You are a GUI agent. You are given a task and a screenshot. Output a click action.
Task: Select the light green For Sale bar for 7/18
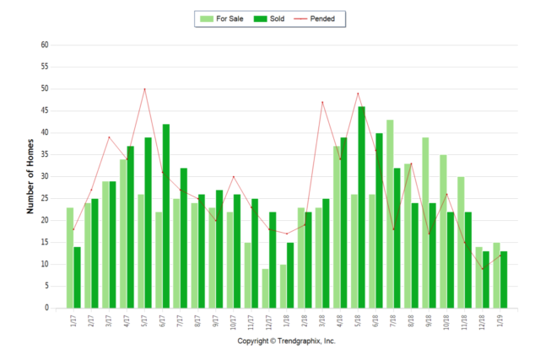coord(390,214)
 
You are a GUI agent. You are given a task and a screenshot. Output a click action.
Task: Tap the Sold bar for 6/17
coord(166,216)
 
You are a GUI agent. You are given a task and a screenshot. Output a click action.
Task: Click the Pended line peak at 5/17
coord(144,89)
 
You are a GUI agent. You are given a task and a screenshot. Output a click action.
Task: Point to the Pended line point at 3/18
coord(322,102)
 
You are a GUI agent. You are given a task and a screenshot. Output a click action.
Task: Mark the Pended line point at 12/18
coord(483,269)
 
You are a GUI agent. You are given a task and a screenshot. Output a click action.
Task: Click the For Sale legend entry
coord(221,18)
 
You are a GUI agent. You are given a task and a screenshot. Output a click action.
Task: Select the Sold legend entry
coord(269,18)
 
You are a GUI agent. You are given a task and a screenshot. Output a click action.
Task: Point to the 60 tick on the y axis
coord(44,45)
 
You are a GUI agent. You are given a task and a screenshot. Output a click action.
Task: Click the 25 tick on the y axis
coord(44,198)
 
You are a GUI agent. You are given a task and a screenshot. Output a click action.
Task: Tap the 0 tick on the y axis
coord(46,308)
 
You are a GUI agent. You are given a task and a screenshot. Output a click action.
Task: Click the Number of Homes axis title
coord(30,175)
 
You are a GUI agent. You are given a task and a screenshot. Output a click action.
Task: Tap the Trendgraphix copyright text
coord(286,341)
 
